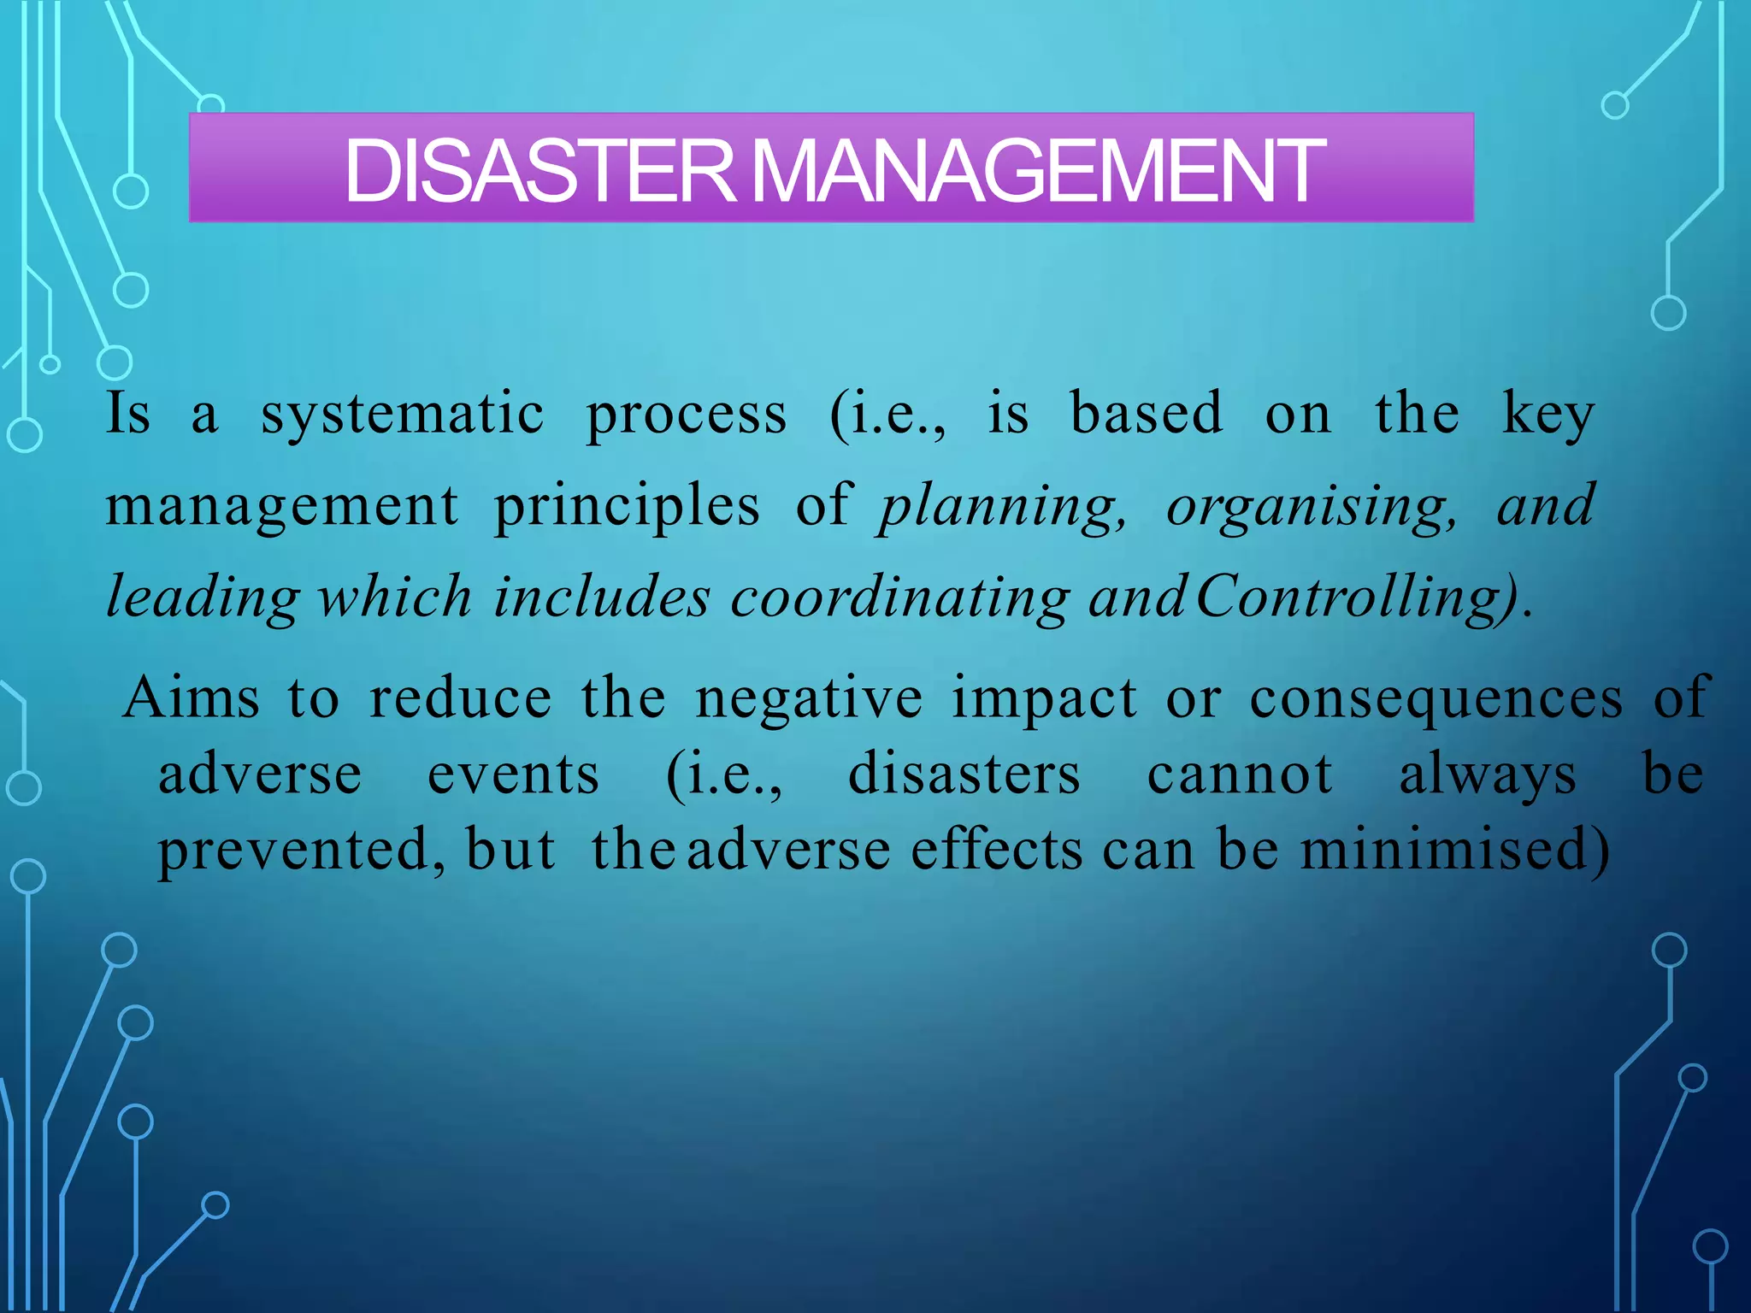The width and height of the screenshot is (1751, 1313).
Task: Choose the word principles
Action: [627, 507]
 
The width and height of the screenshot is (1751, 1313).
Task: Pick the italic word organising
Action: [1312, 507]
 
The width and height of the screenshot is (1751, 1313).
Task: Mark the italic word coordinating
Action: [899, 598]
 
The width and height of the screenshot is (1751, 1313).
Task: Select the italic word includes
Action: [602, 598]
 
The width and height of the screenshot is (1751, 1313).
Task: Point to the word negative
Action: [809, 698]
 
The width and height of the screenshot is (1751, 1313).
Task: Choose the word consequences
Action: [1436, 698]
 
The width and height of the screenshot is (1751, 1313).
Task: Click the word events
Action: [513, 774]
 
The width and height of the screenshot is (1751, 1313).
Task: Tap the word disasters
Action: [964, 774]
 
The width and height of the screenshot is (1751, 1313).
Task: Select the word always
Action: [1488, 776]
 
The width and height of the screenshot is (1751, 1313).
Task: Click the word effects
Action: [997, 851]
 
